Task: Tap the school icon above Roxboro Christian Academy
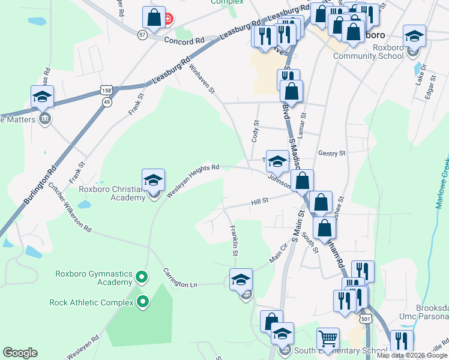click(x=153, y=180)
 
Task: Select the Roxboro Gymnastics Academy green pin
click(x=142, y=277)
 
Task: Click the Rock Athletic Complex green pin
click(x=142, y=302)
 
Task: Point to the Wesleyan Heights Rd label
click(x=192, y=181)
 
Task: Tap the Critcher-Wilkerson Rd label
click(x=69, y=208)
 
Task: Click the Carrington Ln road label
click(x=180, y=278)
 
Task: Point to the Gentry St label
click(x=332, y=154)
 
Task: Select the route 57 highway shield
click(x=142, y=35)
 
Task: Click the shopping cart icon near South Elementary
click(x=327, y=339)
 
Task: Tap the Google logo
click(x=20, y=353)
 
